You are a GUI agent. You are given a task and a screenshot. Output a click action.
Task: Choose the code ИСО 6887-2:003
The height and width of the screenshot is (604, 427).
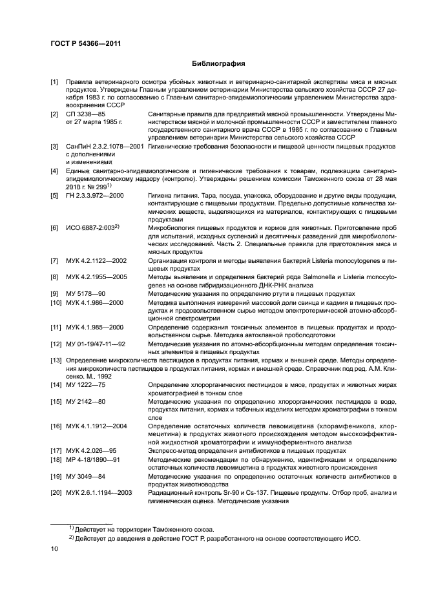pos(92,229)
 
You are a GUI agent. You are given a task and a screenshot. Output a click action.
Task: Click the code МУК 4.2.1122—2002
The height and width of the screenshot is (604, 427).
pos(96,260)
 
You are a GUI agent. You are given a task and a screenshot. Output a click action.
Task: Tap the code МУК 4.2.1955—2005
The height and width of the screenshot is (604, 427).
pos(96,276)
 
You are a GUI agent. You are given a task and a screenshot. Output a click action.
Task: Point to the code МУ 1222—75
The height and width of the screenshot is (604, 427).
pos(84,385)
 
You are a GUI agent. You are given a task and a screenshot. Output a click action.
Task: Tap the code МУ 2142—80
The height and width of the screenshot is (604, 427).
pos(84,402)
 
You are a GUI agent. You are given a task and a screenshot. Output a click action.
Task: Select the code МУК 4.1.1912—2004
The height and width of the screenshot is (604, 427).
pos(96,426)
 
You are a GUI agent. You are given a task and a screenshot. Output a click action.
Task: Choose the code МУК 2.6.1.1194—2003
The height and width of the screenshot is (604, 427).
pos(99,492)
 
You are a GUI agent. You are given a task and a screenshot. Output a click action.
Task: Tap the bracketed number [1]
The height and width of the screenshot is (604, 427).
pos(56,83)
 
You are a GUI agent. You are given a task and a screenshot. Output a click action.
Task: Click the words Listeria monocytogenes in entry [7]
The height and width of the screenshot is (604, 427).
pos(337,260)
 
